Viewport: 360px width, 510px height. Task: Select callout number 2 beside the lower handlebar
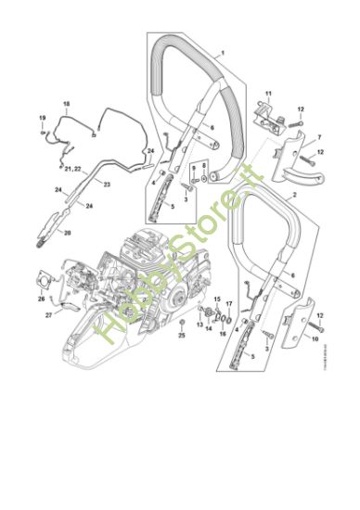tap(294, 197)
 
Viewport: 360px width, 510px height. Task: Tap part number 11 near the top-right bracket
tap(269, 96)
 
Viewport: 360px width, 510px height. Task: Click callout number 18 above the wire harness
tap(66, 103)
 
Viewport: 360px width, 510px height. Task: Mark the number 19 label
tap(42, 118)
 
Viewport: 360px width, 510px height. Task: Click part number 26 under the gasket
tap(41, 300)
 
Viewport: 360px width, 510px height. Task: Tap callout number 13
tap(199, 325)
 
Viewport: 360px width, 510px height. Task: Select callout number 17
tap(229, 303)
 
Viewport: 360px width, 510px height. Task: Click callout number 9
tap(193, 167)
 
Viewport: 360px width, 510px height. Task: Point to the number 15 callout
tap(216, 300)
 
